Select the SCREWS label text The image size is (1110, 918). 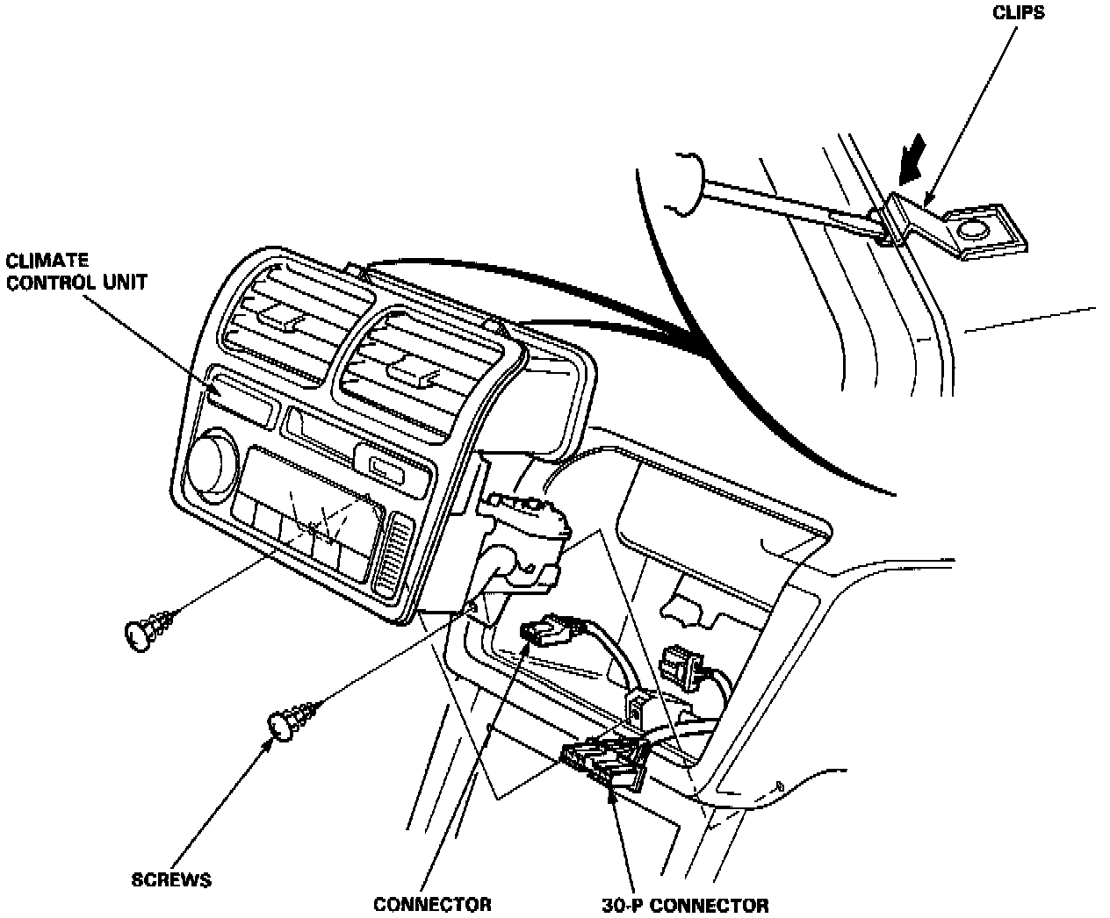171,879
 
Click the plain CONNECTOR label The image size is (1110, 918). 432,905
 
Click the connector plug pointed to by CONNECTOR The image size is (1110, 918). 548,631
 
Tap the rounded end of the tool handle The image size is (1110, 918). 684,182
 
